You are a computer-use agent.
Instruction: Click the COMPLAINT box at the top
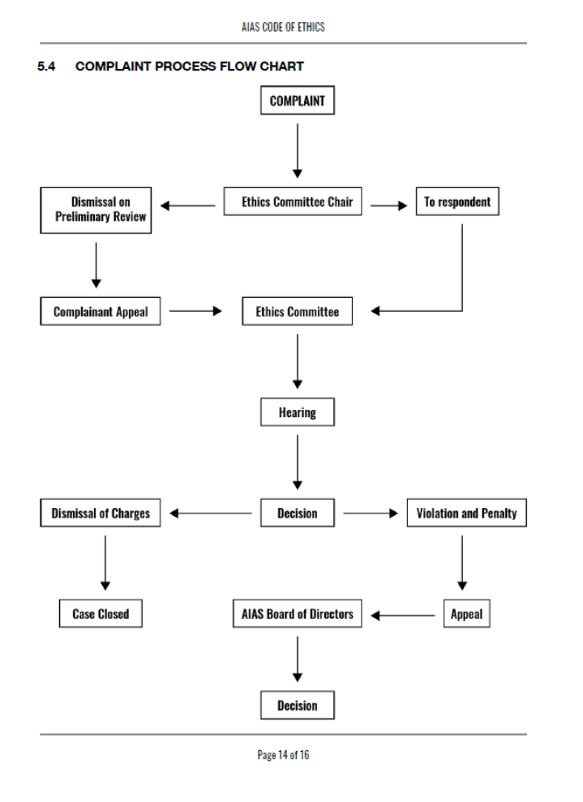click(297, 101)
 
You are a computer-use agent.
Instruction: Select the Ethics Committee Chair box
click(297, 202)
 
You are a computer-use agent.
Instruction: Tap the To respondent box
click(457, 202)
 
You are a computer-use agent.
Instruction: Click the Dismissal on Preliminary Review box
click(96, 209)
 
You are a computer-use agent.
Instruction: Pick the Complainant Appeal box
click(101, 312)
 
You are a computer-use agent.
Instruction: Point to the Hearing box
click(297, 412)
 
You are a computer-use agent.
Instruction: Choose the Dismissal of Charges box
click(101, 513)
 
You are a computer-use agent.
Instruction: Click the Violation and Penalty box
click(466, 513)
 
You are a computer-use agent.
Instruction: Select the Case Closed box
click(101, 614)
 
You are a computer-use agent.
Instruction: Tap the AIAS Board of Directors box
click(297, 614)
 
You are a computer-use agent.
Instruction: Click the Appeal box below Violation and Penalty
click(466, 614)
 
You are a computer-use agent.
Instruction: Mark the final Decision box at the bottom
click(297, 706)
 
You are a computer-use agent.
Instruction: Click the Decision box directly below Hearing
click(297, 513)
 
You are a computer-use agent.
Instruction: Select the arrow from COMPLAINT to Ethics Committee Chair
click(298, 150)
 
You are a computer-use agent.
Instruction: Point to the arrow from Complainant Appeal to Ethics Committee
click(195, 311)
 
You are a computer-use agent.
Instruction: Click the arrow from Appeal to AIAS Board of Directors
click(403, 615)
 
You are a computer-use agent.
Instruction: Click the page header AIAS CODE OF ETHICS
click(283, 27)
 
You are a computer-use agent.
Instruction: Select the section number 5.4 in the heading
click(47, 66)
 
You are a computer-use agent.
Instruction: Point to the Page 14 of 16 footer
click(283, 755)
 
